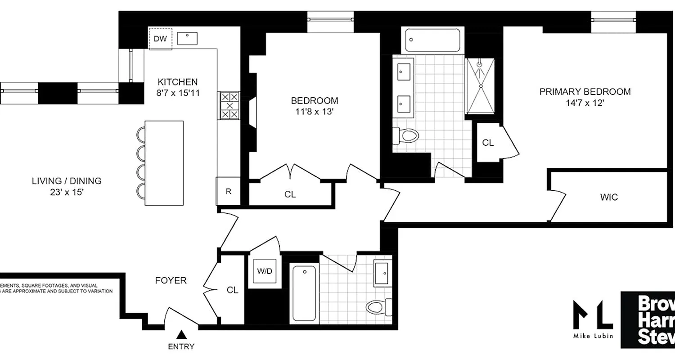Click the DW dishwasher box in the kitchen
(x=160, y=39)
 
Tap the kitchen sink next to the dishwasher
(x=187, y=38)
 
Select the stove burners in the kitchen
(x=229, y=105)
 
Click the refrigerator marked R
(x=228, y=191)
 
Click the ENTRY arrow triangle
(x=181, y=334)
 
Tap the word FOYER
(x=171, y=280)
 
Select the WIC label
(x=609, y=197)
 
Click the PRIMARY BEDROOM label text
(x=585, y=92)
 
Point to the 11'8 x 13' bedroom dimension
(x=315, y=112)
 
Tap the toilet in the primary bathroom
(x=406, y=135)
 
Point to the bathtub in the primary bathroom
(x=432, y=40)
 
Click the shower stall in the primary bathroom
(x=480, y=86)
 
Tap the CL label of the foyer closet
(x=232, y=290)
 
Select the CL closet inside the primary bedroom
(x=488, y=143)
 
